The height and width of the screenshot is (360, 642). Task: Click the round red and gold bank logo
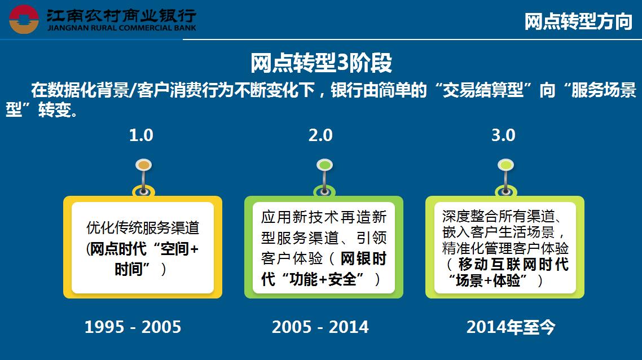click(24, 19)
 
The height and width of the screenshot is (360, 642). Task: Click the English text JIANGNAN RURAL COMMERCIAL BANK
click(122, 28)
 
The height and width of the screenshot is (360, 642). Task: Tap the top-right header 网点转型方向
click(578, 21)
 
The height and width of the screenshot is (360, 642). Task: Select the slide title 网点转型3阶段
click(321, 63)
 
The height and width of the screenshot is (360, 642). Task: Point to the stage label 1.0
click(141, 135)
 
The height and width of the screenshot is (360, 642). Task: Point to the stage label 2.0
click(320, 135)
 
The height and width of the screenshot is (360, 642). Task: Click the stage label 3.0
click(503, 135)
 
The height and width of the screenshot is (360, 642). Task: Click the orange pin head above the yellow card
click(144, 165)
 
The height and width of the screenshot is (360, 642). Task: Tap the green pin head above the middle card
click(325, 165)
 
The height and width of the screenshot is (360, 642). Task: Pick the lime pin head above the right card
click(505, 165)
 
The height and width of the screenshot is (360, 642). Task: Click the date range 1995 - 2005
click(133, 327)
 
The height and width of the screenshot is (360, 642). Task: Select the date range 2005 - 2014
click(320, 327)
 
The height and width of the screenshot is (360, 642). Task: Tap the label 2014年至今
click(511, 327)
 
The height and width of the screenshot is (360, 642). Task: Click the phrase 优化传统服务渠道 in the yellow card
click(143, 228)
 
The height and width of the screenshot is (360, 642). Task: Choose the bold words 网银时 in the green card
click(363, 258)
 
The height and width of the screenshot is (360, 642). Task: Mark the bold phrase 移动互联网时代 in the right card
click(513, 265)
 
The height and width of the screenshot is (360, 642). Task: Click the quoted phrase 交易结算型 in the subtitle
click(483, 90)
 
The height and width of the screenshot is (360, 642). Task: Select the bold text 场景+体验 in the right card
click(487, 280)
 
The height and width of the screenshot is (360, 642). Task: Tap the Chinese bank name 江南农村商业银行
click(121, 16)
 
